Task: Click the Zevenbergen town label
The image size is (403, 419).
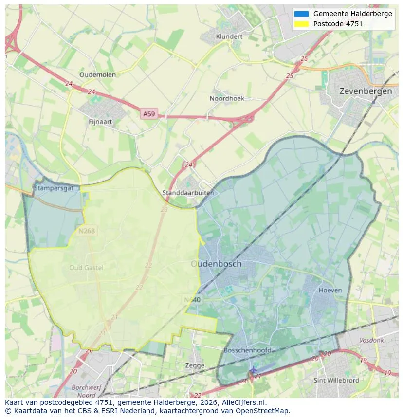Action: point(366,91)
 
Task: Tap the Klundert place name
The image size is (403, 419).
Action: point(229,36)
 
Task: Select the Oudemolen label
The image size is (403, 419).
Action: point(97,74)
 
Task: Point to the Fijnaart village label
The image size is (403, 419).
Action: point(101,122)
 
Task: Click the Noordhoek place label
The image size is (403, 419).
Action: point(227,98)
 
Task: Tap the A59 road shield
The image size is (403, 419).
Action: point(149,114)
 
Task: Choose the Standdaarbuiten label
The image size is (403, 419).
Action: point(188,193)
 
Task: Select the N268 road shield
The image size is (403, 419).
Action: point(87,231)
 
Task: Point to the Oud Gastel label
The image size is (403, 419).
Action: point(87,267)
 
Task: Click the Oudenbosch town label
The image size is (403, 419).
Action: point(216,264)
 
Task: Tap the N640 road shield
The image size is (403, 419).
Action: point(193,300)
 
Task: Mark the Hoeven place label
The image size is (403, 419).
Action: point(330,290)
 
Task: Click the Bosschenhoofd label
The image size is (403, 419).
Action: point(247,350)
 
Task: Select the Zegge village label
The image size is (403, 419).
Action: point(195,365)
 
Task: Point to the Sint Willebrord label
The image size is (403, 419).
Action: point(336,380)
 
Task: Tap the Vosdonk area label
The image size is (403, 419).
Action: point(371,341)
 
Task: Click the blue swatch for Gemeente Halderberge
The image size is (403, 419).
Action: point(301,14)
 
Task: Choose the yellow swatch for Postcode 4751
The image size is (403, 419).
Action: point(301,24)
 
